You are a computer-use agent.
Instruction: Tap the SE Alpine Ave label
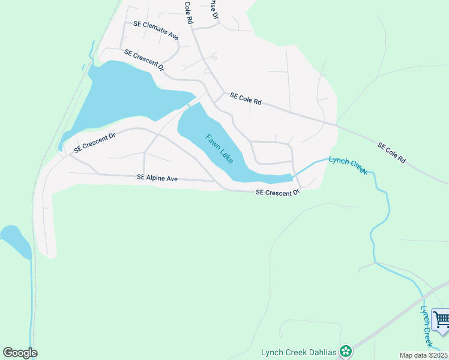pos(157,178)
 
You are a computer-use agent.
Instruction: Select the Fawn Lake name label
pos(219,149)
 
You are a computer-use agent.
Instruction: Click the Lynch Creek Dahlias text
pos(298,352)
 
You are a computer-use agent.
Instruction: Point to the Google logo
pos(20,353)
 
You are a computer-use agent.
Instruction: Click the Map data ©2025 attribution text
pos(424,355)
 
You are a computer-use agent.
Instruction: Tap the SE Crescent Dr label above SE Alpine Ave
pos(94,141)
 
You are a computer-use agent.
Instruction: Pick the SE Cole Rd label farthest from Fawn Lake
pos(391,153)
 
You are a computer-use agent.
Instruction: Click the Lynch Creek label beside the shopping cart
pos(426,326)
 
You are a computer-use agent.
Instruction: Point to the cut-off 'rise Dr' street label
pos(212,9)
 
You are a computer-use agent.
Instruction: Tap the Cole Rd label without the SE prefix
pos(189,12)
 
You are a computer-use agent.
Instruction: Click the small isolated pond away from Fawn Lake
pos(15,240)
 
